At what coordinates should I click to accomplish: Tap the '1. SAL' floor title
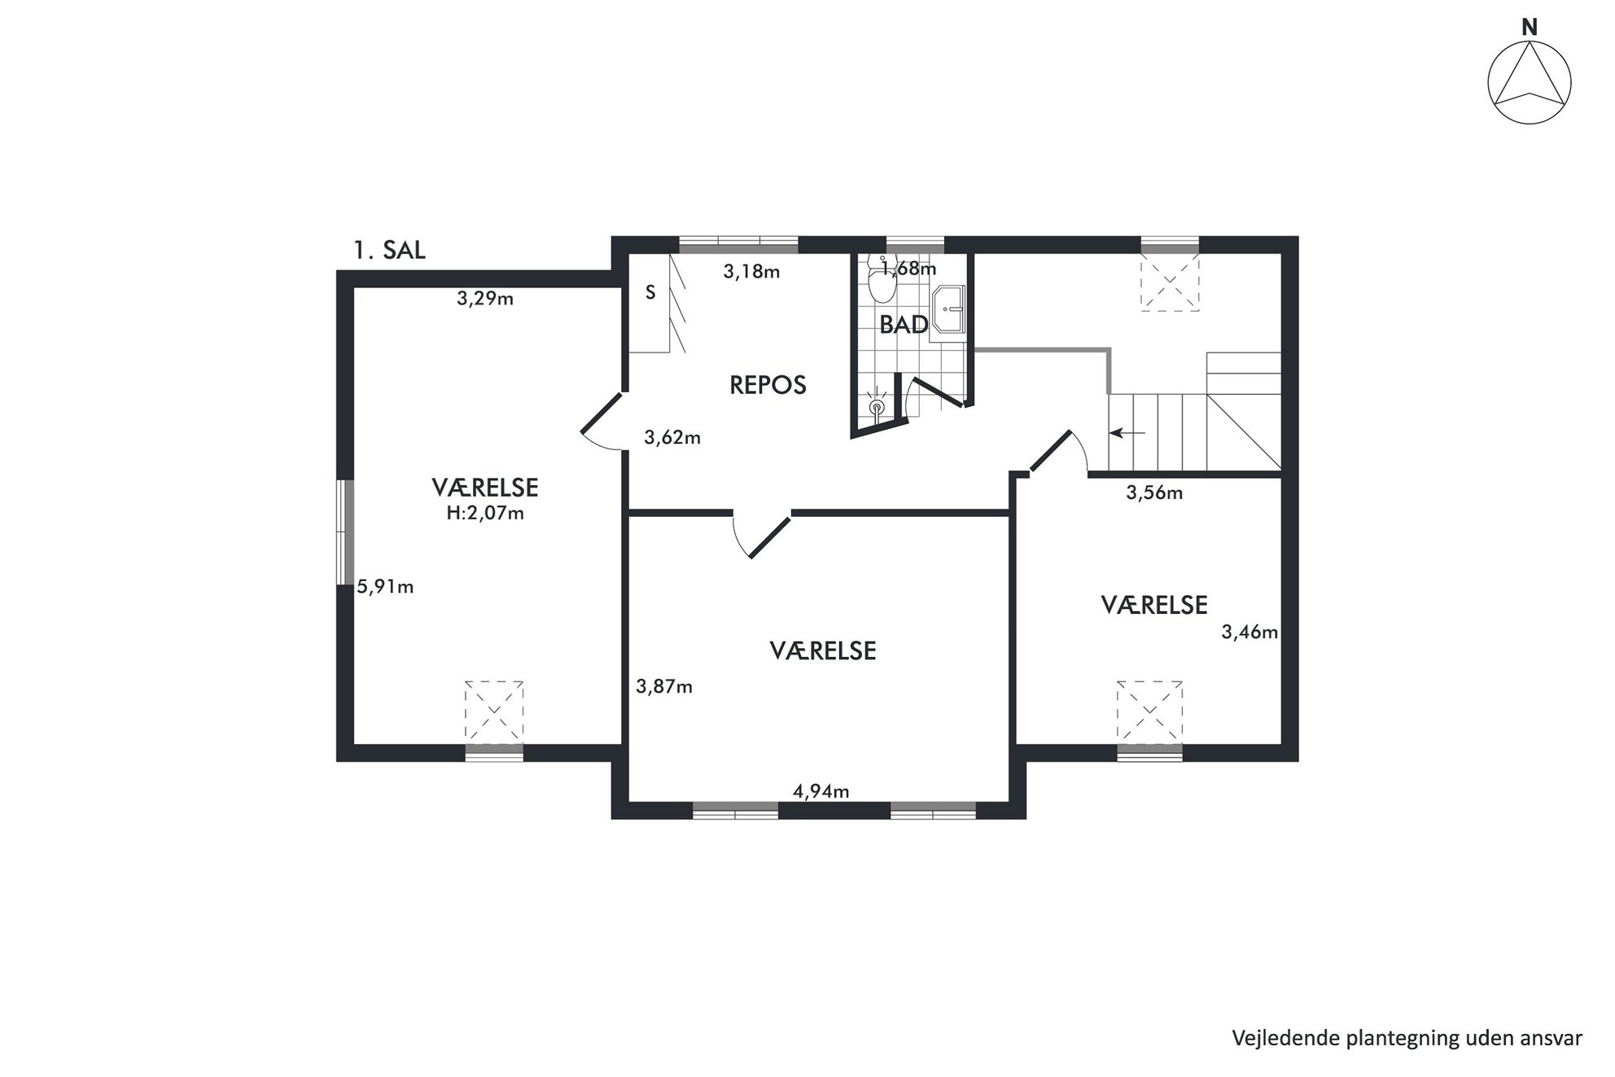coord(389,250)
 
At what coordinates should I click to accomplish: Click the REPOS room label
coord(768,385)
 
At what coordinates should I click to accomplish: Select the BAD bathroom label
coord(904,325)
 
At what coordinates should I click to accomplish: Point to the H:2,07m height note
coord(485,514)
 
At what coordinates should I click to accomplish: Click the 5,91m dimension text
coord(386,587)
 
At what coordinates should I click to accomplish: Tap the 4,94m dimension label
coord(821,791)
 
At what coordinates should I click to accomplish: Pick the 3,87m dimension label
coord(664,687)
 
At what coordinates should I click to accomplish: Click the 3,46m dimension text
coord(1250,632)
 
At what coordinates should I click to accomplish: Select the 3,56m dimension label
coord(1154,493)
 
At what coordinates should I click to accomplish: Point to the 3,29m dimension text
coord(485,299)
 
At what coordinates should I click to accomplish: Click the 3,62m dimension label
coord(672,438)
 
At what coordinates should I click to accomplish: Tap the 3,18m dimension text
coord(751,272)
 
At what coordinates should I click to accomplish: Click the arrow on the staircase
coord(1127,433)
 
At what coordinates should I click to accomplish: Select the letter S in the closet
coord(650,293)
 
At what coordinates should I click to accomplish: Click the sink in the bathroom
coord(948,309)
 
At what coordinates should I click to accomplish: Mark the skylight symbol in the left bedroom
coord(494,711)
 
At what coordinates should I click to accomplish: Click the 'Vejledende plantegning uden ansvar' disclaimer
coord(1407,1038)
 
